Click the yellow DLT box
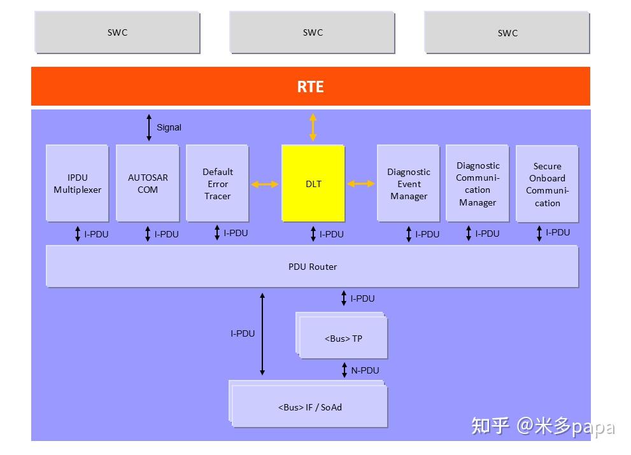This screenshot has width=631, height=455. (313, 183)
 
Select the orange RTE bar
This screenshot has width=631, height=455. (311, 87)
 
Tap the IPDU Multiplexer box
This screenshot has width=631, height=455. (78, 183)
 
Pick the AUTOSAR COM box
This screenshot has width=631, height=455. (148, 183)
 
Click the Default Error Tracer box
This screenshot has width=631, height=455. (217, 183)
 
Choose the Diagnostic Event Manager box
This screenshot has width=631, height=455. (408, 183)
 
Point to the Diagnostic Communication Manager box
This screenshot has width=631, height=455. (478, 183)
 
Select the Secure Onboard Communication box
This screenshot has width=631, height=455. (547, 184)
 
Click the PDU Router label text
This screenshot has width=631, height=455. (313, 267)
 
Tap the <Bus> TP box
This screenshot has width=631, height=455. (343, 339)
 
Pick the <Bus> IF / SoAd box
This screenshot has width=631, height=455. (310, 407)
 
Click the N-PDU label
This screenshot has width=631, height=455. (365, 370)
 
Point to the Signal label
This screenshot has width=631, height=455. (169, 127)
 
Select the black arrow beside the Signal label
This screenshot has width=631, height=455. (149, 127)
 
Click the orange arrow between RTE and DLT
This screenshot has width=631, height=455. (313, 127)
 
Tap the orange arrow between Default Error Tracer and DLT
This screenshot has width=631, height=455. (265, 185)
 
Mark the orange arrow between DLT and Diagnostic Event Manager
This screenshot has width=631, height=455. (361, 184)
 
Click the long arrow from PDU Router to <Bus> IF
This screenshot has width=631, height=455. (262, 333)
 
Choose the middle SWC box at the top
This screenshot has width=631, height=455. (313, 32)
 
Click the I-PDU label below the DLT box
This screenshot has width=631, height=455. (331, 234)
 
